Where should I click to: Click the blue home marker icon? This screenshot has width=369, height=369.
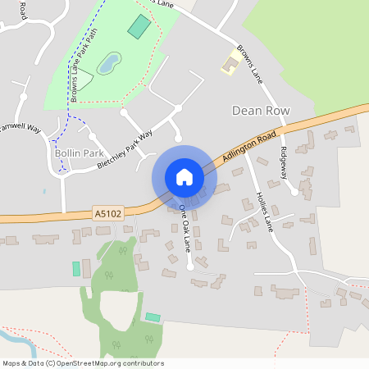click(184, 177)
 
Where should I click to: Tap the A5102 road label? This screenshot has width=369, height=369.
click(107, 213)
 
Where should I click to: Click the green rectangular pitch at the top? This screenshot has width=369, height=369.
click(139, 27)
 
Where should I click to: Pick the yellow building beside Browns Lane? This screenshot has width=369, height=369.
click(229, 63)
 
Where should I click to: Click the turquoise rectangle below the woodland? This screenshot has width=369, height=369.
click(153, 317)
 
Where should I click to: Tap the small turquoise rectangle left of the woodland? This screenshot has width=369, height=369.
click(76, 268)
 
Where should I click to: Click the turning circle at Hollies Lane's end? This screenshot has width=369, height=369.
click(294, 192)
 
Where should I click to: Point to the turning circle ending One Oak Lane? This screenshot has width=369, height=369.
click(189, 266)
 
